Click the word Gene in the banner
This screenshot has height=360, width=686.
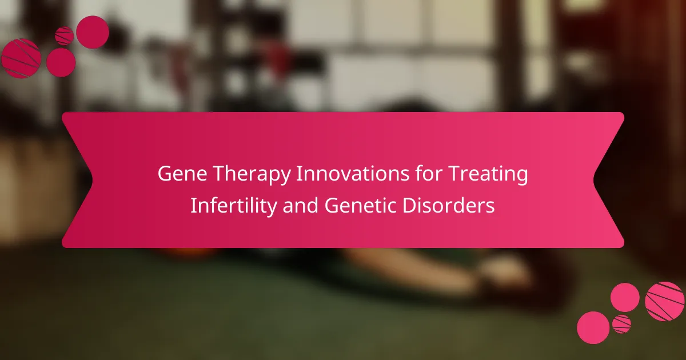click(182, 173)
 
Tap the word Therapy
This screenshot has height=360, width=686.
click(252, 175)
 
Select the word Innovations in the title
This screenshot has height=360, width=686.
click(353, 173)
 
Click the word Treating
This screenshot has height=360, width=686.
click(488, 175)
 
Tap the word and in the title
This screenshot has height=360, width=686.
click(301, 205)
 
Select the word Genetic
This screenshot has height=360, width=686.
click(360, 205)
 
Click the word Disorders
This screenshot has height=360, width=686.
click(448, 205)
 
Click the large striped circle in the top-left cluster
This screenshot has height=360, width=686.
click(21, 58)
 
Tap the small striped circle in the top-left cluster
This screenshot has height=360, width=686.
click(64, 36)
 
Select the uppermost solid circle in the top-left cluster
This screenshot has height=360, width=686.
click(93, 32)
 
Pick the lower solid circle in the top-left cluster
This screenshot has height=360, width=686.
click(61, 62)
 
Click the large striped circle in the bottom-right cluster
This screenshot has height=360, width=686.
click(664, 301)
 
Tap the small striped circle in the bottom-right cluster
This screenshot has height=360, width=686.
click(622, 324)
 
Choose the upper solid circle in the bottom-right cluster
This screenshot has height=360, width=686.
click(625, 298)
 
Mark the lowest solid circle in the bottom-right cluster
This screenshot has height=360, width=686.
click(593, 327)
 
